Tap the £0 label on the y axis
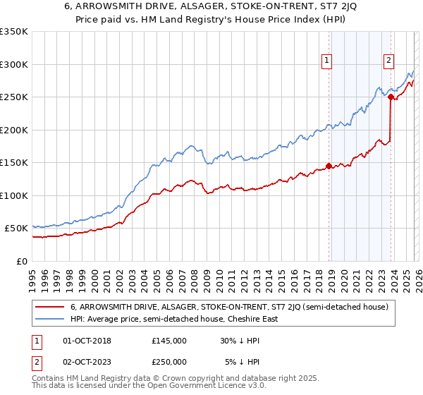pos(21,261)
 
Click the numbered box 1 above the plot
pos(328,61)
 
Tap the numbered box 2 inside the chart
pos(388,61)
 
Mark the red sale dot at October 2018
pos(329,166)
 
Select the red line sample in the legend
pos(49,307)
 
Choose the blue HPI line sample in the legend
pos(49,319)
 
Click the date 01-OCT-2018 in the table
pos(87,341)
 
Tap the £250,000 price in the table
pos(169,361)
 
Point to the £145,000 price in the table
pos(169,341)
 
